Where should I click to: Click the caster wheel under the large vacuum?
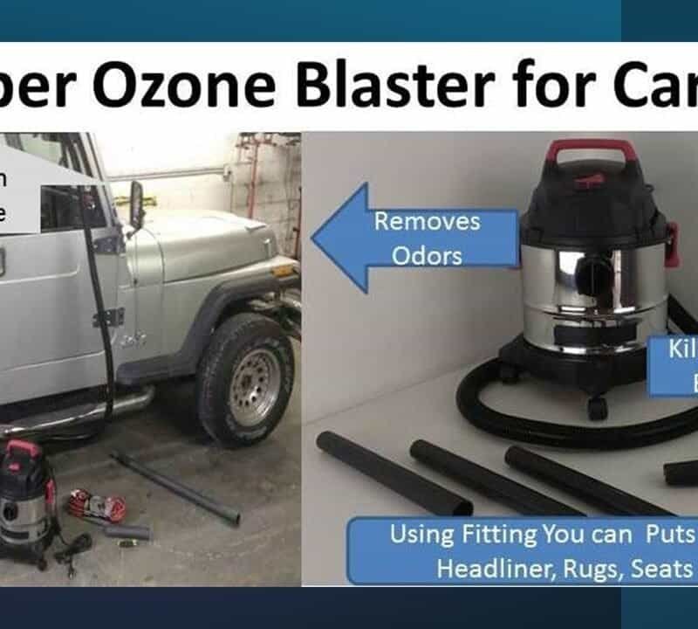pyautogui.click(x=596, y=407)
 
